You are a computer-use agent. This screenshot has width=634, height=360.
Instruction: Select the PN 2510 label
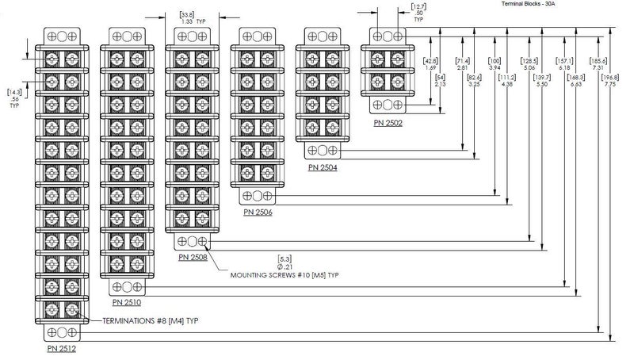tap(128, 302)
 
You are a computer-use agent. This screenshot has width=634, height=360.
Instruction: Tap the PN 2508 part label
tap(193, 257)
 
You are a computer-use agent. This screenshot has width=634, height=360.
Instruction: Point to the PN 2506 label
tap(258, 212)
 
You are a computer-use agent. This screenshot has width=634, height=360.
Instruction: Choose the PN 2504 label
tap(323, 167)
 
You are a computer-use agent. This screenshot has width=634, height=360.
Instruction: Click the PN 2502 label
tap(388, 122)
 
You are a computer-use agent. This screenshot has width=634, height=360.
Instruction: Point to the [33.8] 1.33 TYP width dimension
tap(189, 18)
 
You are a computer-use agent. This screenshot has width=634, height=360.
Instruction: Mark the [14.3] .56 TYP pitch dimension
tap(14, 97)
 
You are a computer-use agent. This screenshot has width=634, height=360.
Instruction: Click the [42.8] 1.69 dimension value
tap(431, 64)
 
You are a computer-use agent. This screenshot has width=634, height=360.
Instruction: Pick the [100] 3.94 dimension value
tap(495, 64)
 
